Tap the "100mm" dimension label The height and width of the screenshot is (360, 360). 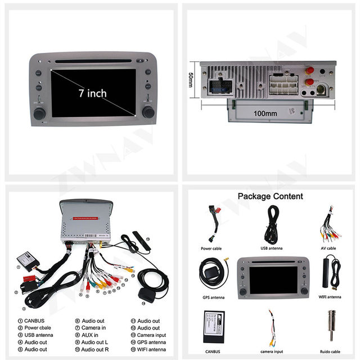click(265, 113)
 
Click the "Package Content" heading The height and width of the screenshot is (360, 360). click(269, 196)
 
